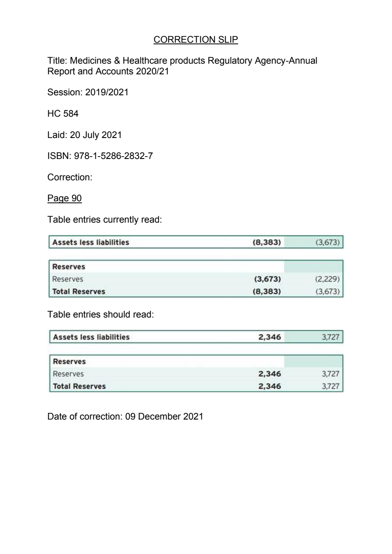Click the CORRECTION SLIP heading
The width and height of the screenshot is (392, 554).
(195, 40)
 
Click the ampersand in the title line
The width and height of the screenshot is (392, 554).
(116, 61)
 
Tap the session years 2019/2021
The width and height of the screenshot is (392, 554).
(107, 93)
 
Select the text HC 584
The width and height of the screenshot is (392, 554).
(63, 114)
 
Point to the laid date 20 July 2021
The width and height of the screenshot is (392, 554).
(96, 135)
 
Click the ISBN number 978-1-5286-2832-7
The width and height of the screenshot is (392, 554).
(113, 156)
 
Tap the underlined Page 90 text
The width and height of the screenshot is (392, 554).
(64, 199)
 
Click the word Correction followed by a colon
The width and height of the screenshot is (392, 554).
(70, 177)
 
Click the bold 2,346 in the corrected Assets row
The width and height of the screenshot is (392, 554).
(269, 337)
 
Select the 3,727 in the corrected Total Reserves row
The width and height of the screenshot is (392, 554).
(330, 386)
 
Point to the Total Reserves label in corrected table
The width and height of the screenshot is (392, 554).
(79, 386)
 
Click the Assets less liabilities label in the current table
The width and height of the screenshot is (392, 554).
(91, 242)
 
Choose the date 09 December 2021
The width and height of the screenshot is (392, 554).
(164, 417)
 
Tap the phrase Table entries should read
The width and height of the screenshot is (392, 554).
(100, 315)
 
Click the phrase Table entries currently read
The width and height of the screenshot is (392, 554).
(104, 220)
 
